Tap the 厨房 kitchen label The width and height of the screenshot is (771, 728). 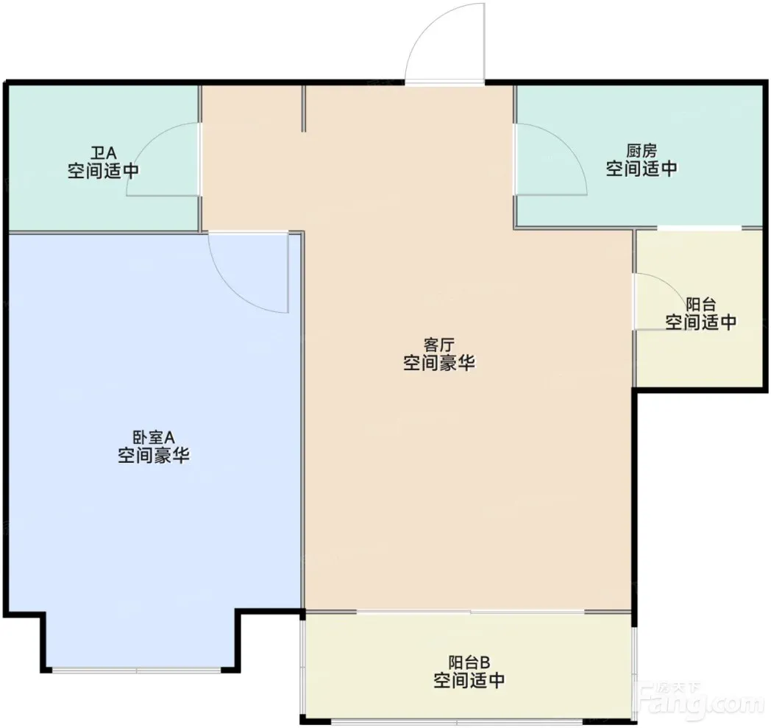(x=642, y=149)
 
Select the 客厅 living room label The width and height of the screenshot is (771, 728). (x=438, y=344)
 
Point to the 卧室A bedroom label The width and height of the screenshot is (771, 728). (x=154, y=437)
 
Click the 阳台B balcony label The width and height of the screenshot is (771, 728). (x=469, y=662)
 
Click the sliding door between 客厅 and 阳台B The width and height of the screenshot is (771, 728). (x=471, y=612)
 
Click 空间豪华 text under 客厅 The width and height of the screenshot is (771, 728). (x=438, y=364)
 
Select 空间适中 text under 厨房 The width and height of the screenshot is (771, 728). (x=642, y=169)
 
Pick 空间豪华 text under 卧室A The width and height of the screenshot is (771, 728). (x=154, y=456)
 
